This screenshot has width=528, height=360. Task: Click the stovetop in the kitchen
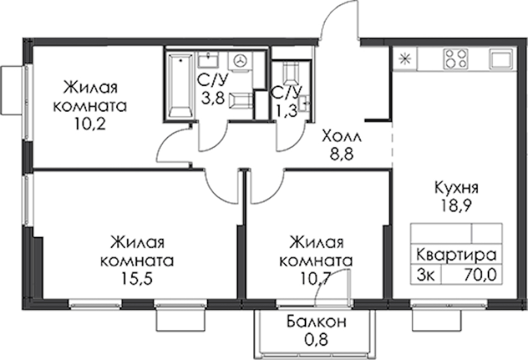(x=456, y=59)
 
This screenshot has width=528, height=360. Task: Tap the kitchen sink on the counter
(x=501, y=59)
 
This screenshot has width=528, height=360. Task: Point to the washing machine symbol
(x=241, y=61)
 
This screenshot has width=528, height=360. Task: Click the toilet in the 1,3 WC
(x=290, y=73)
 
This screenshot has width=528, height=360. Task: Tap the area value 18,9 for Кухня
(x=456, y=205)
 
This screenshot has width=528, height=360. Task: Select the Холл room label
(x=341, y=137)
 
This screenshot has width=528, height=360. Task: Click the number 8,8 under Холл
(x=342, y=155)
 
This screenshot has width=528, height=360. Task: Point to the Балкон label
(x=316, y=322)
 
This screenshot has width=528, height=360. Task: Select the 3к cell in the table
(x=425, y=275)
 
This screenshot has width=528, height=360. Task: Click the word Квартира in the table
(x=456, y=255)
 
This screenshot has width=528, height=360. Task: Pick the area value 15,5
(x=137, y=278)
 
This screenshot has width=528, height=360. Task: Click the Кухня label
(x=456, y=188)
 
